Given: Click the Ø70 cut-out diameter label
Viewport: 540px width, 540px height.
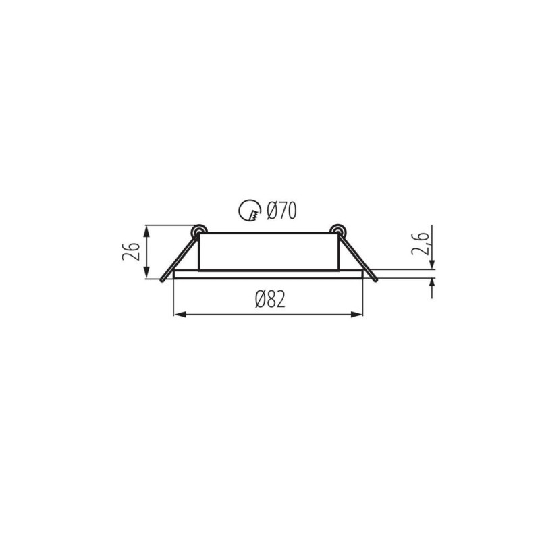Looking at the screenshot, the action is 281,211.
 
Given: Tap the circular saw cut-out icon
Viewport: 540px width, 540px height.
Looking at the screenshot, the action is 250,211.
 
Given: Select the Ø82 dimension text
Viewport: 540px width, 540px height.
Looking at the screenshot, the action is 270,299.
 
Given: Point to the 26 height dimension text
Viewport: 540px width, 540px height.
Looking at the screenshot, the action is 131,251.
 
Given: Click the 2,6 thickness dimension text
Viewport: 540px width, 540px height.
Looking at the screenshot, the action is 420,244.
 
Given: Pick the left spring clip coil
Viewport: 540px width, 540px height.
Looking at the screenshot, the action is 200,231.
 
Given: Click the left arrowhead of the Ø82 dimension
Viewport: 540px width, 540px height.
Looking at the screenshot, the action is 180,314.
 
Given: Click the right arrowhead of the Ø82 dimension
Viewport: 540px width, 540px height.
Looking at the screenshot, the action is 357,314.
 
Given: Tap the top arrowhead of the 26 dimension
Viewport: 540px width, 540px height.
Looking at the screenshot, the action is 147,232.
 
